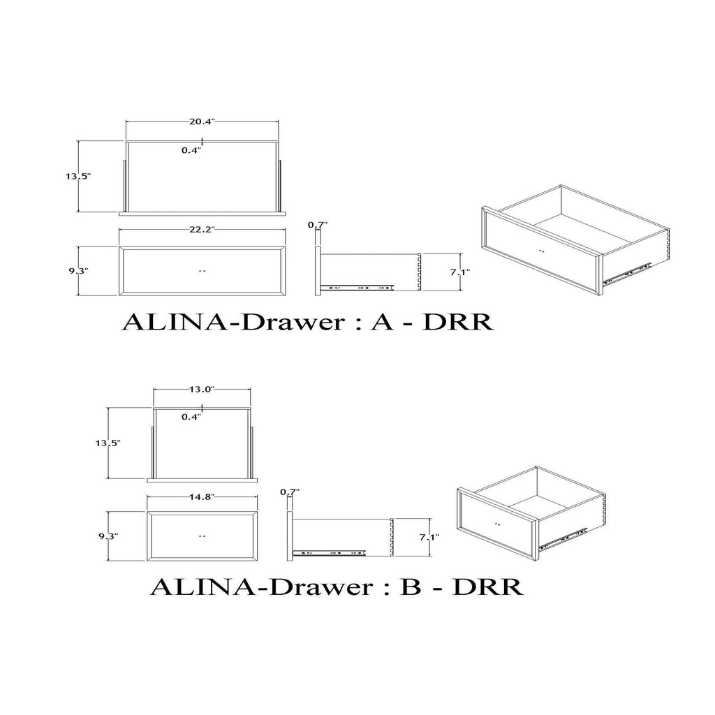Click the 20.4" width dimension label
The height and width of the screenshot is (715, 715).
(202, 121)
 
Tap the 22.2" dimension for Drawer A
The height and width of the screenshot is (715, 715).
(202, 230)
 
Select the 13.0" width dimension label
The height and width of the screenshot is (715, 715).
(202, 389)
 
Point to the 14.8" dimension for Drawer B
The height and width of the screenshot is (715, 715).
(202, 497)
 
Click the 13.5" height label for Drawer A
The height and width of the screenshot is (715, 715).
(78, 176)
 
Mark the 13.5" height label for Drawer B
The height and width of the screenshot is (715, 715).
(108, 443)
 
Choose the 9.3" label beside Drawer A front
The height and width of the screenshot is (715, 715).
(78, 270)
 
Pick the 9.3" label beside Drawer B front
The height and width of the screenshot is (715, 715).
(108, 536)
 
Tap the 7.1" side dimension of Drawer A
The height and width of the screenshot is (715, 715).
(460, 272)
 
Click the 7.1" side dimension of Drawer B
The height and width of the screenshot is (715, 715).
(429, 537)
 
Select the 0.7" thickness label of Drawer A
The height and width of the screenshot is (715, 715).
(318, 224)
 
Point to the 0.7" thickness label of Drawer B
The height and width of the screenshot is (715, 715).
(290, 492)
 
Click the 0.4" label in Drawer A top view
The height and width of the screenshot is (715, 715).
(191, 150)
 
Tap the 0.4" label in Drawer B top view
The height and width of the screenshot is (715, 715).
(191, 417)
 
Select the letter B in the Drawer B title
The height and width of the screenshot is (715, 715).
(411, 587)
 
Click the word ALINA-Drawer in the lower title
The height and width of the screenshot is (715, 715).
(262, 587)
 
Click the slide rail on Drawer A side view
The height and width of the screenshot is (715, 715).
(357, 288)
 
